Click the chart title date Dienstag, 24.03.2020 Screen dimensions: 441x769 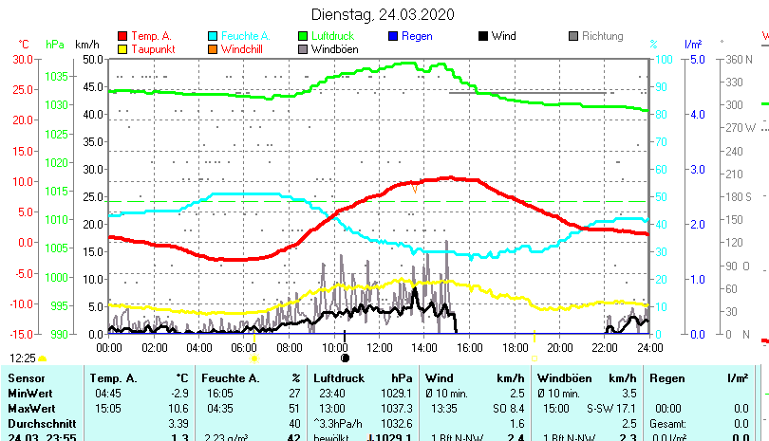(x=383, y=14)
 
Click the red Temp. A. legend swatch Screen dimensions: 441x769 (x=123, y=37)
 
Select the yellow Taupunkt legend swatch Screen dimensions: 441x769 (x=123, y=49)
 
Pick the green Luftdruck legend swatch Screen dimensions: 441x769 (x=303, y=37)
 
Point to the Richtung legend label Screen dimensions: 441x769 (x=602, y=37)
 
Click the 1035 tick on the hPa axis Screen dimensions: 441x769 (x=56, y=76)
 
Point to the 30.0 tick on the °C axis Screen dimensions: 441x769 (x=23, y=59)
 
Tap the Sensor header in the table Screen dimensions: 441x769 (x=27, y=378)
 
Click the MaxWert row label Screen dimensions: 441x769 (x=30, y=407)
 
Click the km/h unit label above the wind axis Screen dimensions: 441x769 (x=86, y=45)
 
